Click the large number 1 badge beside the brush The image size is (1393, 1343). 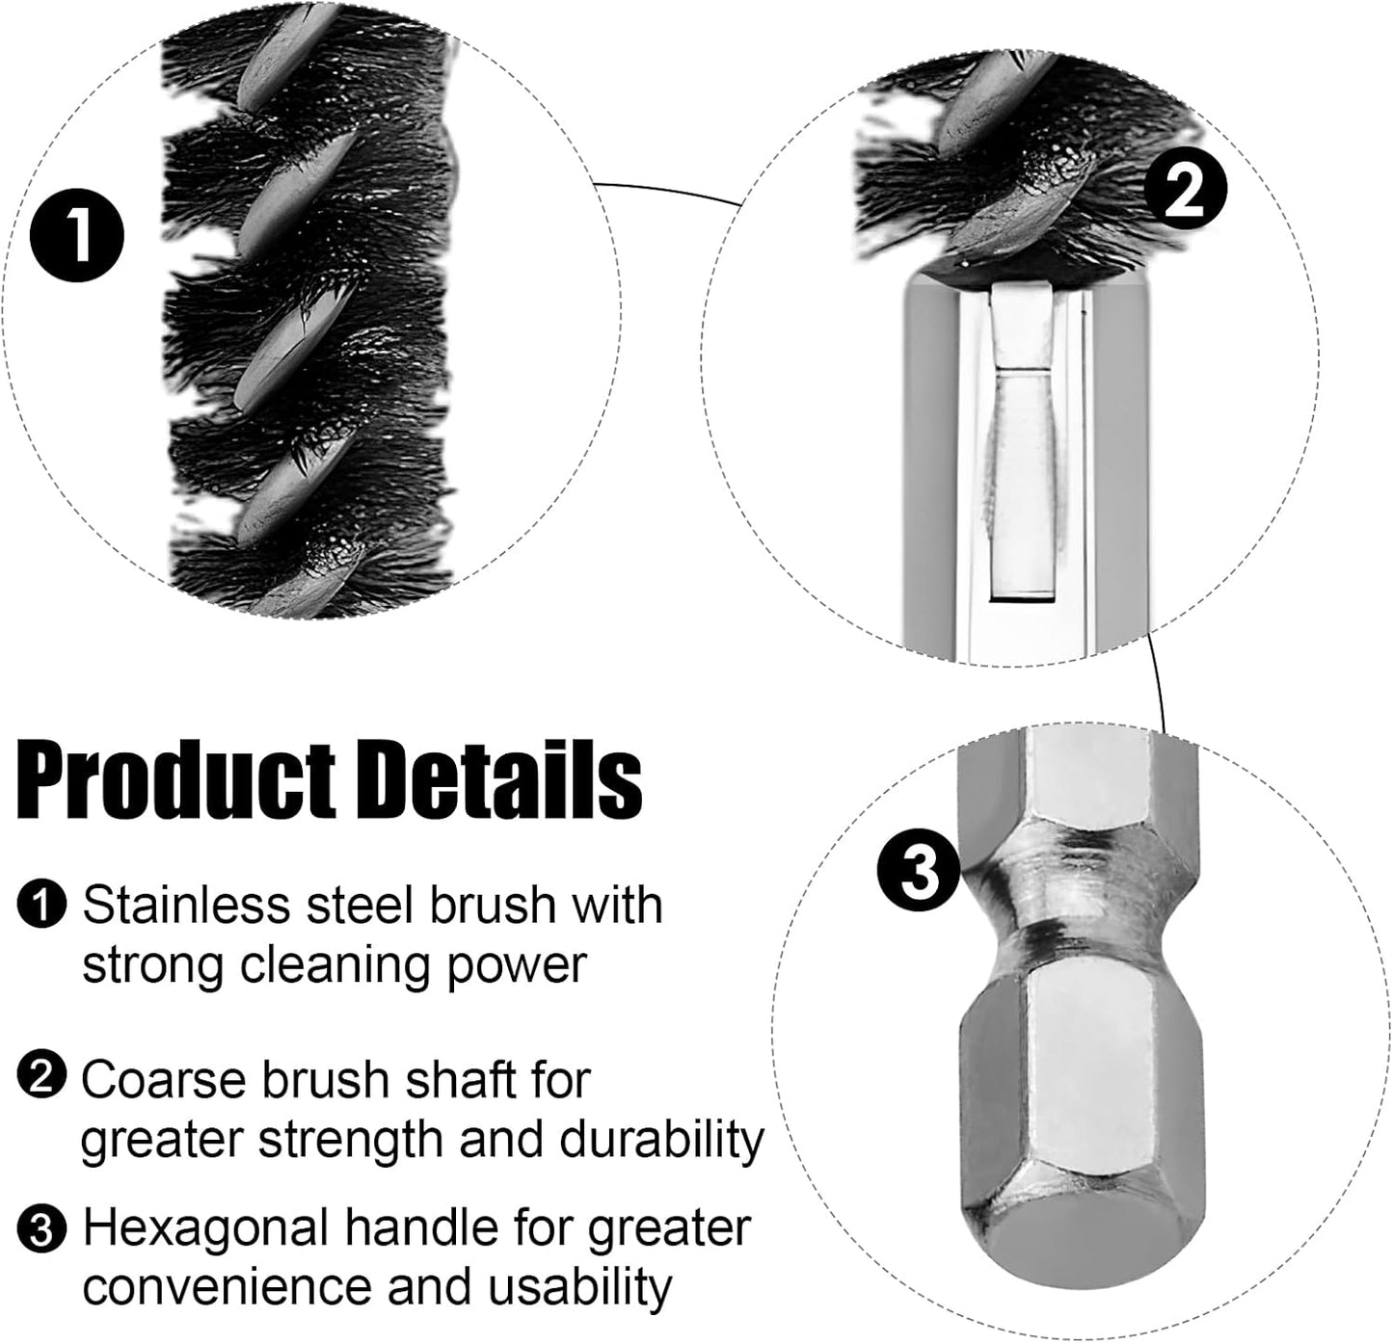tap(77, 234)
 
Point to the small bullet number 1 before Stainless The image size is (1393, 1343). tap(41, 905)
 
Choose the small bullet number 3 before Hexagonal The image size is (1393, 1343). tap(41, 1229)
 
